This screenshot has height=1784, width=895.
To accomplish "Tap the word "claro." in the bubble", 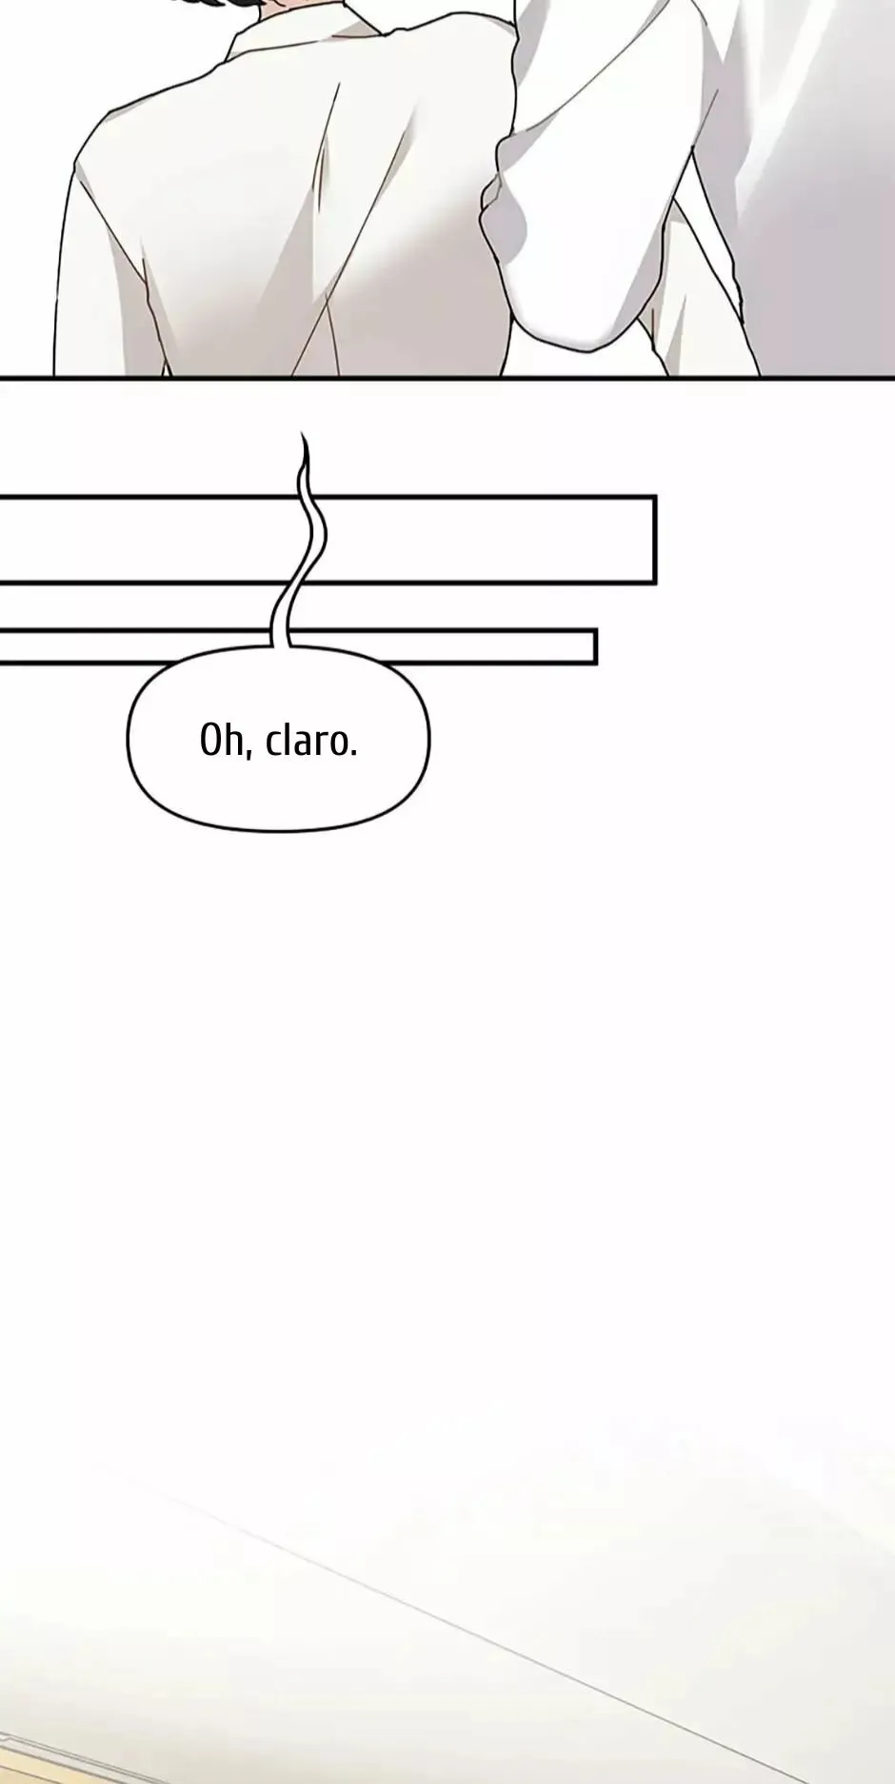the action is pos(311,741).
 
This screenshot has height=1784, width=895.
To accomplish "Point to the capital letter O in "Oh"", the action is pos(209,741).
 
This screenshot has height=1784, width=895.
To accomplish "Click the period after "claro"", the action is pos(353,754).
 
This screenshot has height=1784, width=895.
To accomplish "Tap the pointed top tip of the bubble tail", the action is pos(303,433).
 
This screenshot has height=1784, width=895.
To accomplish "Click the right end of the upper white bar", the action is pos(654,539).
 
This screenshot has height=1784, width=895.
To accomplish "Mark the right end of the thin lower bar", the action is pos(595,646).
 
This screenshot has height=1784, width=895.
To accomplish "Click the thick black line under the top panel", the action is pos(447,378).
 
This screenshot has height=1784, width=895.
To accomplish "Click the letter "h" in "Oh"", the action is pos(232,740).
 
